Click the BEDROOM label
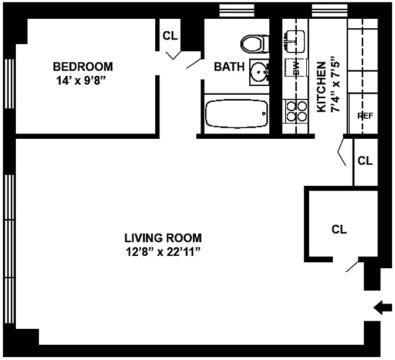point(83,67)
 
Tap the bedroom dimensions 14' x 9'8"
point(81,81)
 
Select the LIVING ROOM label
point(163,238)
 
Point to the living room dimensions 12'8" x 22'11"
point(163,252)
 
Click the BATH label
point(229,67)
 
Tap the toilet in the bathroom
point(255,44)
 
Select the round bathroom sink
point(259,72)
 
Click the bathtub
point(236,114)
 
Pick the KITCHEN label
point(321,87)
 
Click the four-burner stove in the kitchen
point(297,111)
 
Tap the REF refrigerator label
point(365,116)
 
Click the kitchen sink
point(294,41)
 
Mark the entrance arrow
point(383,308)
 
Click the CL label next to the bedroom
point(170,35)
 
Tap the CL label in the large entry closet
point(339,229)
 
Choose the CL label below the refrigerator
point(365,161)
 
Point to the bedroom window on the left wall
point(9,84)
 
